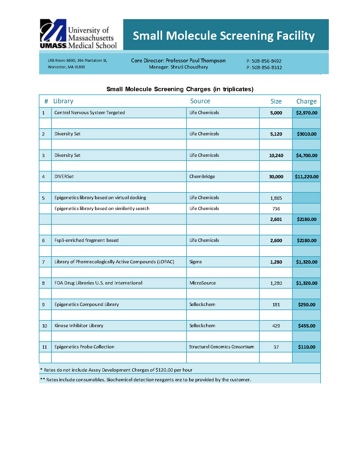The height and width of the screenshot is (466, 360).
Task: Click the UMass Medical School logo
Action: coord(78,34)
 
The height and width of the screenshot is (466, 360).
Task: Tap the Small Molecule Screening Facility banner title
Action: coord(224,36)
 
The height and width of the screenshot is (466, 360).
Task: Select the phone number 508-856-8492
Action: coord(266,61)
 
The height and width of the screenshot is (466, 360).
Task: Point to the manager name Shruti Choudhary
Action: coord(189,67)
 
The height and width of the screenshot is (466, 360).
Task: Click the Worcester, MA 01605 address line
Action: coord(66,67)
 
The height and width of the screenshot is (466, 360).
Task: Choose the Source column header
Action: coord(200,101)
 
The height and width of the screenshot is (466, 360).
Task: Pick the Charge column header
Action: coord(306,101)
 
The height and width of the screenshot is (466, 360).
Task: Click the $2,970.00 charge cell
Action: coord(306,113)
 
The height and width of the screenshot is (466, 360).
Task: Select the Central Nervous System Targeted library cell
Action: coord(90,113)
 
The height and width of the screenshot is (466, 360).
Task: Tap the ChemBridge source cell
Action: coord(202,177)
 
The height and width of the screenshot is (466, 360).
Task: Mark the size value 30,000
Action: coord(276,177)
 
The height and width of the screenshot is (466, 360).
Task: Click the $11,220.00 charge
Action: coord(306,177)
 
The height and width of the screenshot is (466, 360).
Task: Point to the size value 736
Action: coord(276,209)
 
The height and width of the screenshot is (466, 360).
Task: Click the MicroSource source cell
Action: coord(203,283)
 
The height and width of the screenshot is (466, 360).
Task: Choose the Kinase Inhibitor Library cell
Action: coord(79,326)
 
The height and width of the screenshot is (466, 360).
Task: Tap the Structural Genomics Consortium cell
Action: coord(221,347)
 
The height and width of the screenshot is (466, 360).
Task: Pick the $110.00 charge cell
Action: coord(306,347)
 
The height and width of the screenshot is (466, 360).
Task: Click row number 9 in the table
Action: coord(44,305)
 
